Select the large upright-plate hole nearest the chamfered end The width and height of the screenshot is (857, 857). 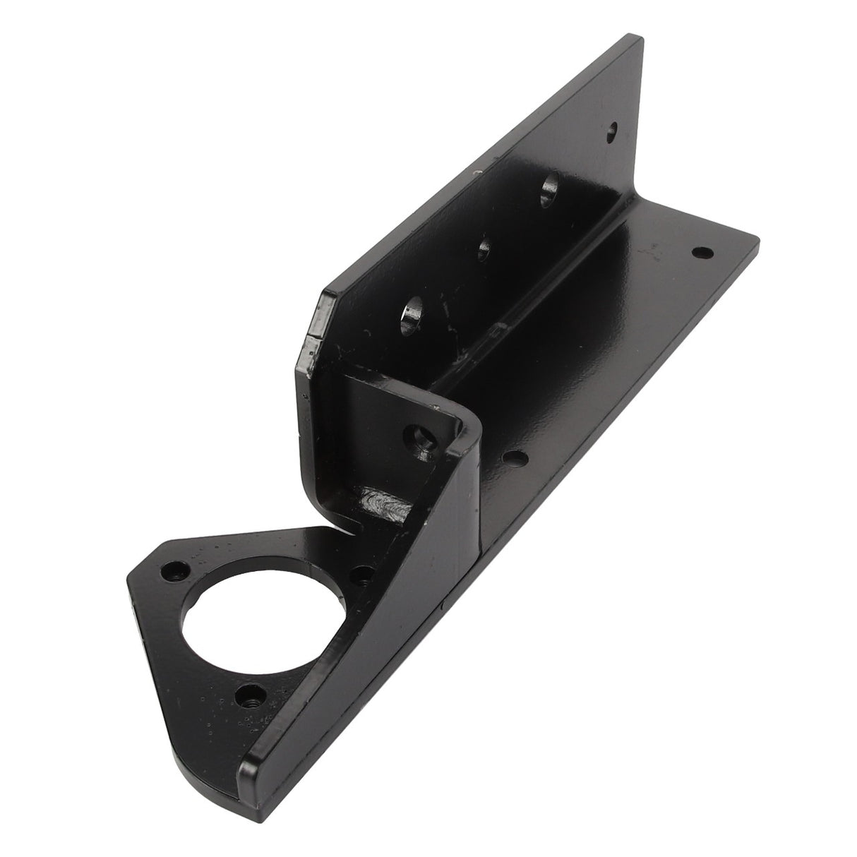click(412, 315)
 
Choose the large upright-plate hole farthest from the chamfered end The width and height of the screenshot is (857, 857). click(549, 193)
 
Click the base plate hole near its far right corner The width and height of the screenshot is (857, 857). click(701, 251)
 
